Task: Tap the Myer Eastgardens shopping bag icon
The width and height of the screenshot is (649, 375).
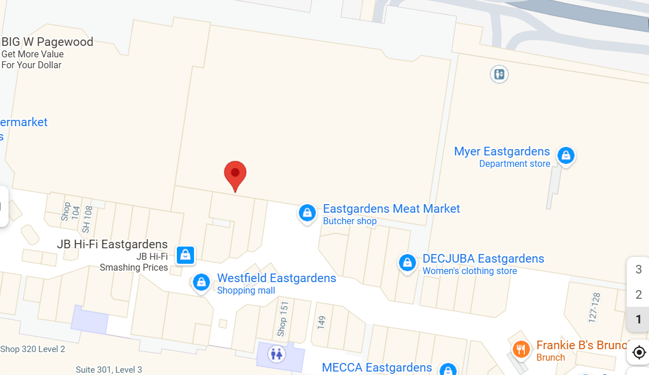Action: click(x=566, y=155)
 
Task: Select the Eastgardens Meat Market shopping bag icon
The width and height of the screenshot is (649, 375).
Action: click(x=307, y=213)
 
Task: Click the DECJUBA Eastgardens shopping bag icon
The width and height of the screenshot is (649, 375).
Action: click(x=407, y=263)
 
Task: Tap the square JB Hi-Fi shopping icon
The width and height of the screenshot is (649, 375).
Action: click(x=185, y=254)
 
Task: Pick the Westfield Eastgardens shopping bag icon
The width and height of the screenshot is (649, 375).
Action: click(x=201, y=282)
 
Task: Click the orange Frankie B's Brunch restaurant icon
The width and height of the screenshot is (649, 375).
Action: click(x=521, y=349)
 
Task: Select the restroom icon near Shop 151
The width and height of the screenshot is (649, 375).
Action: click(x=278, y=354)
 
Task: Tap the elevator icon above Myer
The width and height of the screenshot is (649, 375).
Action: click(x=500, y=74)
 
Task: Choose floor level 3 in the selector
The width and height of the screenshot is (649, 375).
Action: click(x=639, y=269)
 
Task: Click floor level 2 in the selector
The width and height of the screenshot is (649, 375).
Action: click(x=639, y=295)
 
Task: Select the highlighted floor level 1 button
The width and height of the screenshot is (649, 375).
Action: click(x=639, y=319)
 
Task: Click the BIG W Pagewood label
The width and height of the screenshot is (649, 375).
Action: click(x=48, y=42)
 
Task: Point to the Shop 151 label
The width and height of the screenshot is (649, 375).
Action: click(x=282, y=319)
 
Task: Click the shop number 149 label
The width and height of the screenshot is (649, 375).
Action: click(x=321, y=322)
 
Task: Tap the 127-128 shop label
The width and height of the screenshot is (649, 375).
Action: click(x=595, y=306)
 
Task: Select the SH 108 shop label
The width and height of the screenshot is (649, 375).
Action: click(x=86, y=219)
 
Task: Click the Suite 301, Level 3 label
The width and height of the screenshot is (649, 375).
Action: click(x=109, y=369)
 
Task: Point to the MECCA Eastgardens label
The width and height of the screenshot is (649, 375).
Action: click(x=377, y=368)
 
